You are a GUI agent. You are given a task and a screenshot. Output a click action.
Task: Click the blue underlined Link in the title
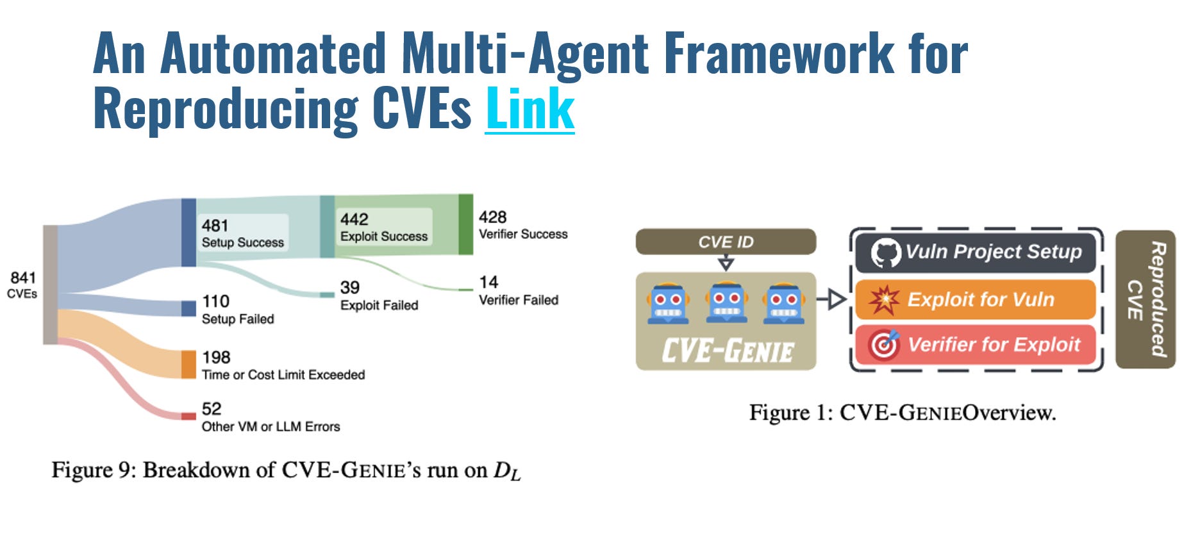tap(529, 109)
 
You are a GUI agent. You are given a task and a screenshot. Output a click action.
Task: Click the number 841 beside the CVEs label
tap(23, 278)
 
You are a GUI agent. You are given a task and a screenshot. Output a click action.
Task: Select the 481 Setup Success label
tap(242, 233)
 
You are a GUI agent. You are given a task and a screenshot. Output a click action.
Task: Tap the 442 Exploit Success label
tap(383, 227)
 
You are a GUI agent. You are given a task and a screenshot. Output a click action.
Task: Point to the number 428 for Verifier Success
tap(492, 217)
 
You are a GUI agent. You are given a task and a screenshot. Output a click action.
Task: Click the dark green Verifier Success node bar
tap(465, 224)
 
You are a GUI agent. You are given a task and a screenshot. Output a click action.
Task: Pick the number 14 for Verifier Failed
tap(488, 282)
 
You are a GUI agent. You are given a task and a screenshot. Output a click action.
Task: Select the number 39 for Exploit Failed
tap(350, 287)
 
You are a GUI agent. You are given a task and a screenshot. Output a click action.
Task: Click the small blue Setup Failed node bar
tap(188, 308)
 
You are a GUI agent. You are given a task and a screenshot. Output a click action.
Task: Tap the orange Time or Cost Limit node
tap(188, 364)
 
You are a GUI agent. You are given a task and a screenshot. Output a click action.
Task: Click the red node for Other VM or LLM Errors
tap(188, 416)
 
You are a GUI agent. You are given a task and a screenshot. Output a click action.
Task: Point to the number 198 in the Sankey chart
tap(216, 357)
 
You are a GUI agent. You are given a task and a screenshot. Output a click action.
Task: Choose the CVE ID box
tap(726, 242)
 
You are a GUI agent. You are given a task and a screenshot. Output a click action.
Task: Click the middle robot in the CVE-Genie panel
tap(726, 303)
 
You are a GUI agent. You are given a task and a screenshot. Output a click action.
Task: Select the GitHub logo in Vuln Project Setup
tap(885, 253)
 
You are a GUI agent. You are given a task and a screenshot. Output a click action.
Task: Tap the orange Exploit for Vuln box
tap(975, 299)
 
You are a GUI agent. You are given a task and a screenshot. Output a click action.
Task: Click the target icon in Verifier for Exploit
tap(884, 345)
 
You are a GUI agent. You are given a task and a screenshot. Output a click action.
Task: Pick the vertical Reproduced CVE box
tap(1146, 299)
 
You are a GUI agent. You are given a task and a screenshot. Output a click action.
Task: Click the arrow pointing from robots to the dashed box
tap(832, 299)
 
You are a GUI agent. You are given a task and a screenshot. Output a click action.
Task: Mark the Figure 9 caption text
tap(286, 470)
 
